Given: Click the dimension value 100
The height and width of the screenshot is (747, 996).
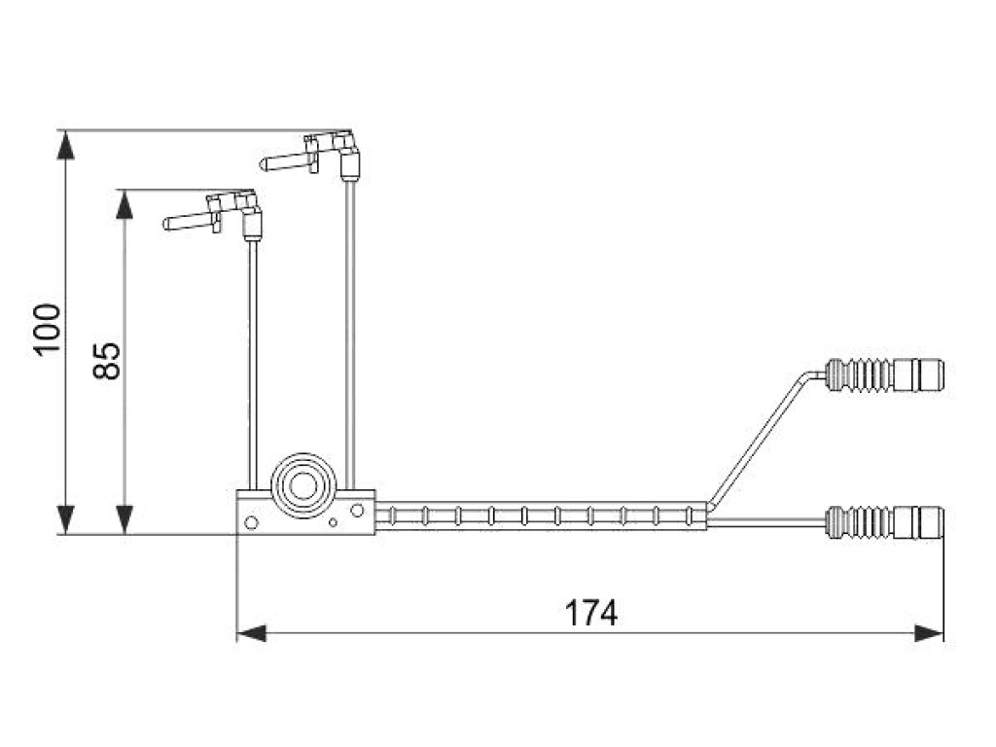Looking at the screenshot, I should [47, 331].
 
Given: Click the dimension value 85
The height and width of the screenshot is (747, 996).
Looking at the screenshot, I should [106, 360].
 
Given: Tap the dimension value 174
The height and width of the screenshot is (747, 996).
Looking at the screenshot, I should [591, 613].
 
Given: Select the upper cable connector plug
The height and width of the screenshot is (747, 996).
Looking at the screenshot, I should [918, 373].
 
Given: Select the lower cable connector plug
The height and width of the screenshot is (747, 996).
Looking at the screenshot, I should [918, 521].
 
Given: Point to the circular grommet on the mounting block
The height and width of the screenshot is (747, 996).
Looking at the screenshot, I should [304, 483].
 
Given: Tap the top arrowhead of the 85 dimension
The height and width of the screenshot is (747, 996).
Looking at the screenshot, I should [124, 204].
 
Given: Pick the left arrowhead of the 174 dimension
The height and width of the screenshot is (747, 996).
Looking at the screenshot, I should [251, 633].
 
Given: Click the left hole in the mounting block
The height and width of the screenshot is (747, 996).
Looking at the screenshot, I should [251, 522].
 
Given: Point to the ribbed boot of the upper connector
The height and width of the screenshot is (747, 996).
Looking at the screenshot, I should [858, 374].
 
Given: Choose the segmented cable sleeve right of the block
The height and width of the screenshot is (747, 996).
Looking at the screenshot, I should [540, 515].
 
